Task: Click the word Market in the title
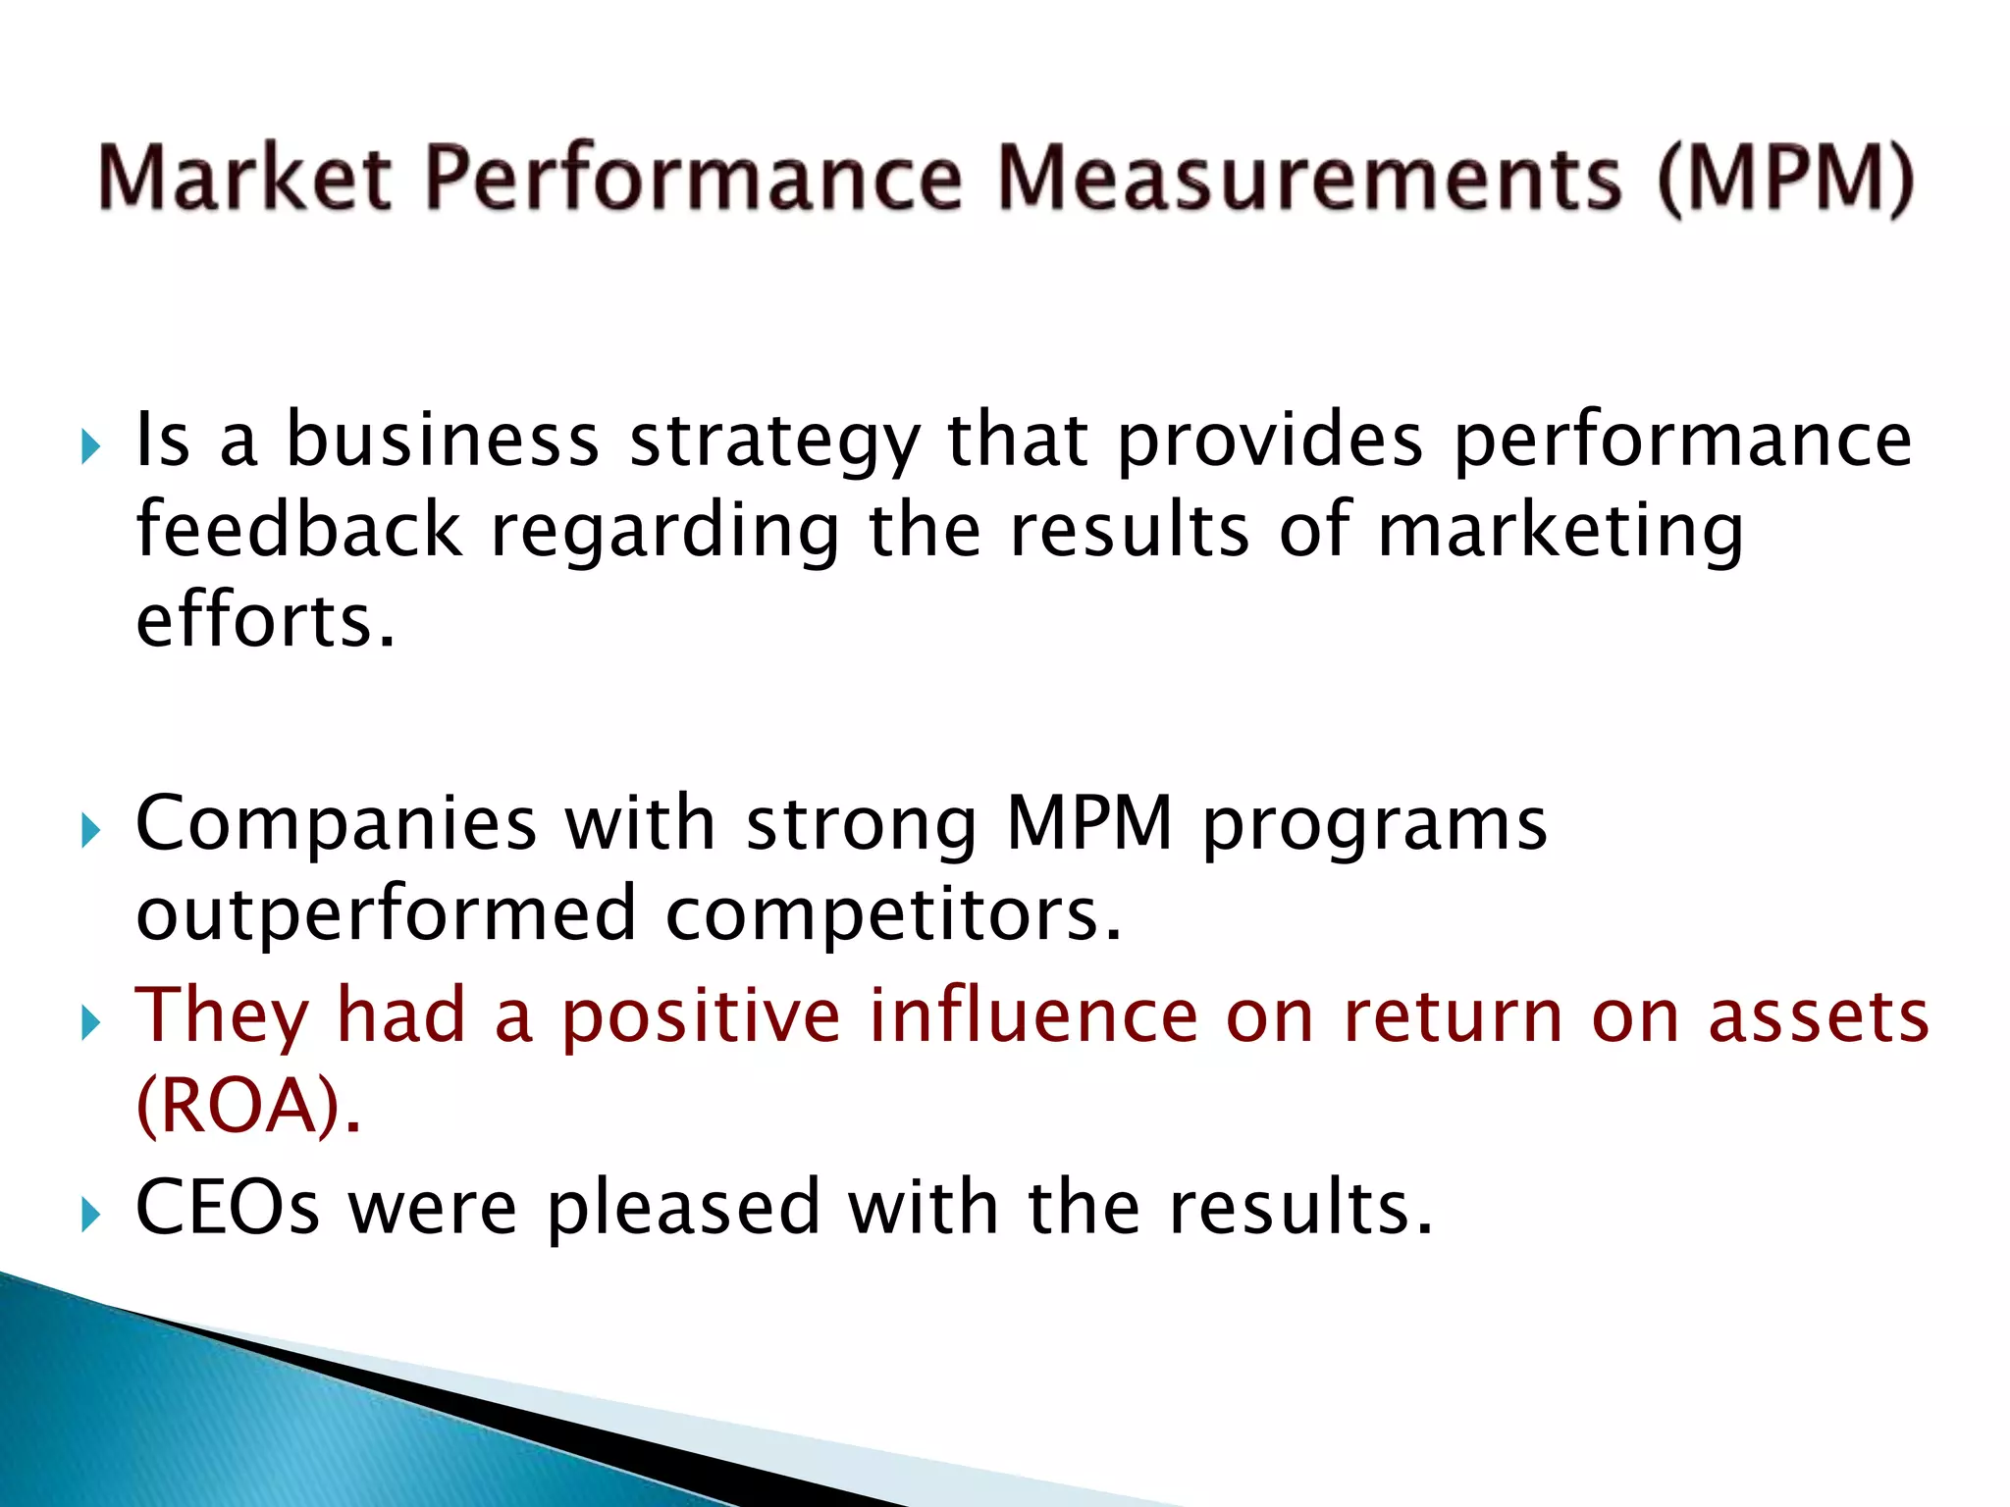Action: click(x=245, y=179)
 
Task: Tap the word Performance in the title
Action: click(x=694, y=179)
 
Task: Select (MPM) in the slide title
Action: click(x=1785, y=179)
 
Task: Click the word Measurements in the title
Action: click(x=1309, y=179)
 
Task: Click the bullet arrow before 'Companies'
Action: click(x=90, y=831)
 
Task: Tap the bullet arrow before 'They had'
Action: click(x=90, y=1023)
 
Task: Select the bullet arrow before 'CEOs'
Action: click(x=90, y=1216)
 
